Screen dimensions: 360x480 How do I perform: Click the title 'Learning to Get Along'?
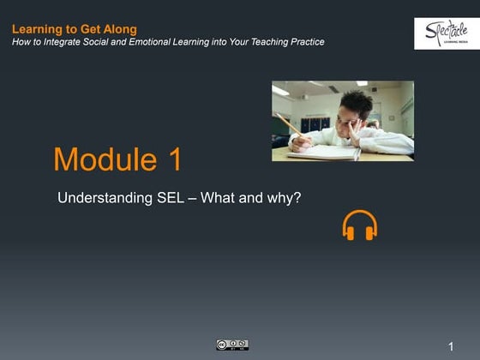(x=75, y=29)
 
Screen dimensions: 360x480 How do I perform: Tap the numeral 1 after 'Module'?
(x=172, y=159)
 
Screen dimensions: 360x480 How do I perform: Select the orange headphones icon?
(x=359, y=225)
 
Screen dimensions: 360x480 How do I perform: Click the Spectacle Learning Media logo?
(x=446, y=33)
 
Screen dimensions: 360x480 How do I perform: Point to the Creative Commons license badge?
(x=231, y=345)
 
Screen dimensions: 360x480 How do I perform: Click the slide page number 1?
(x=450, y=346)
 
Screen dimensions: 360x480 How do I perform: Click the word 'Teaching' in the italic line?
(x=262, y=42)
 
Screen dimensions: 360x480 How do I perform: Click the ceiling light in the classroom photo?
(x=281, y=90)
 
